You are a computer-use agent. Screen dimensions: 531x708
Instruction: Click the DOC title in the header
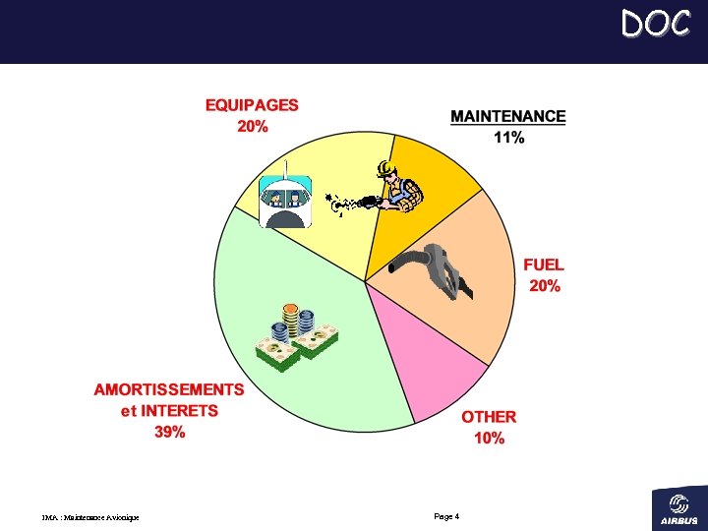[655, 23]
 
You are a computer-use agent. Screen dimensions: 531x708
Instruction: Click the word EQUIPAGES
[252, 104]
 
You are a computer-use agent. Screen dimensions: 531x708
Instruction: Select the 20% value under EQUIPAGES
[252, 126]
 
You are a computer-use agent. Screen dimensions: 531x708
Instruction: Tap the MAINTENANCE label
[507, 116]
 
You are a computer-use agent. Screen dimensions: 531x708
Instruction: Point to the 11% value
[508, 138]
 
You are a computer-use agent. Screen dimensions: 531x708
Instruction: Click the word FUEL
[544, 265]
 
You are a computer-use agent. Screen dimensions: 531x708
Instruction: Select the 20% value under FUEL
[544, 286]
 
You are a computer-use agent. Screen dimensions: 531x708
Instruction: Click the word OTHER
[489, 417]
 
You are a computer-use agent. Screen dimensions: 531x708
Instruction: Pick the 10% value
[489, 438]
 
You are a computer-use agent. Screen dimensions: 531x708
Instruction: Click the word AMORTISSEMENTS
[169, 389]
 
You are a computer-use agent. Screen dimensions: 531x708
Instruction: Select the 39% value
[169, 432]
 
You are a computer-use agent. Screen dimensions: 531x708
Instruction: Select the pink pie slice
[433, 364]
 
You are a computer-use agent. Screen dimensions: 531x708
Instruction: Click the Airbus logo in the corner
[678, 507]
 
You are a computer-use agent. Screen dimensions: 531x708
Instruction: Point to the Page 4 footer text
[446, 516]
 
